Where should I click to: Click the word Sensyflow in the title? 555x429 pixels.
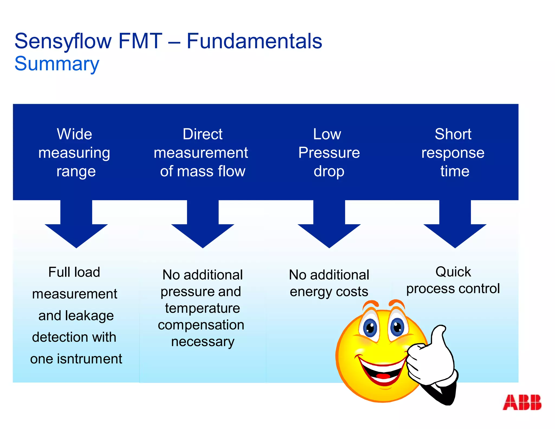click(63, 41)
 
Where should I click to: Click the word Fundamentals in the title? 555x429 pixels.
click(254, 41)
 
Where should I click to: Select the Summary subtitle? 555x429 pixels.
click(57, 64)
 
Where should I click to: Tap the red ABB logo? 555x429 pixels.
click(522, 402)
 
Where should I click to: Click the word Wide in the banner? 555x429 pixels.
click(75, 134)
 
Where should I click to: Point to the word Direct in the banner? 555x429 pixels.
click(202, 134)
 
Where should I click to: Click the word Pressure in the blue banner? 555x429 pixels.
click(329, 153)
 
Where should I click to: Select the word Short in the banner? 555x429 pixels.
click(453, 134)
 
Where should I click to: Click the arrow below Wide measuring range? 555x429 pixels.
click(76, 228)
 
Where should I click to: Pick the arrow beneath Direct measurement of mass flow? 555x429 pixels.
click(203, 228)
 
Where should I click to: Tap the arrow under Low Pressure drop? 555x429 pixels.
click(329, 228)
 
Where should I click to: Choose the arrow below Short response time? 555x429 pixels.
click(455, 228)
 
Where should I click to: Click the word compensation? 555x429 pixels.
click(201, 325)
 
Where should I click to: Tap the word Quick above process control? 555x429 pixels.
click(453, 272)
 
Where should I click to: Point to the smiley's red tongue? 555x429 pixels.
click(383, 376)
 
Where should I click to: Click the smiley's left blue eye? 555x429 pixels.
click(370, 328)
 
